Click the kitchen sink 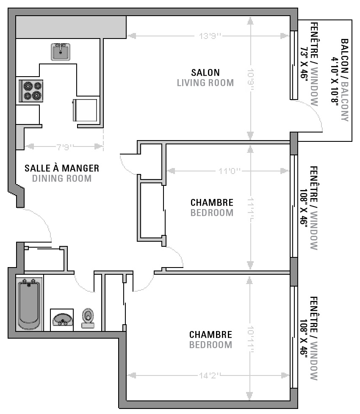tap(61, 52)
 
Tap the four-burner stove tap(31, 91)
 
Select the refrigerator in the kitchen tap(85, 110)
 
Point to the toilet tap(88, 318)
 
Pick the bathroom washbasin tap(62, 320)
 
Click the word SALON tap(205, 73)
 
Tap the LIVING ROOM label tap(205, 83)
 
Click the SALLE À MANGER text tap(62, 168)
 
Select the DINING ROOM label tap(62, 179)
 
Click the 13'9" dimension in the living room tap(210, 36)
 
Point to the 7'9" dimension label tap(65, 146)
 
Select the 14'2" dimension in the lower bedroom tap(210, 375)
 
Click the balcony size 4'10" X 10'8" tap(335, 80)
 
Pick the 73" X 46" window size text tap(304, 64)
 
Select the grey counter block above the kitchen tap(71, 27)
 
